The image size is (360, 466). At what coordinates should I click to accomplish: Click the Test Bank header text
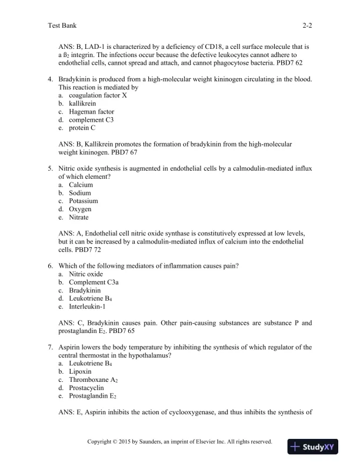[x=62, y=26]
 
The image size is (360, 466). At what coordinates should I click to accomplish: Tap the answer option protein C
[x=82, y=128]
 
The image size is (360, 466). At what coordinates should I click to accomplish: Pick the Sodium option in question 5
[x=80, y=193]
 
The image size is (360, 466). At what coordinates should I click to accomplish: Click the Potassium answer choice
[x=83, y=201]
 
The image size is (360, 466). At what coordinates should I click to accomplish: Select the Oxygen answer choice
[x=80, y=209]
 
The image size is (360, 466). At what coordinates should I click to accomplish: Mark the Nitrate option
[x=79, y=218]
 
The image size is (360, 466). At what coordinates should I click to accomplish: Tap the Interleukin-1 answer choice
[x=86, y=307]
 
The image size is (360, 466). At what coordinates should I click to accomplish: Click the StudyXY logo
[x=311, y=447]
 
